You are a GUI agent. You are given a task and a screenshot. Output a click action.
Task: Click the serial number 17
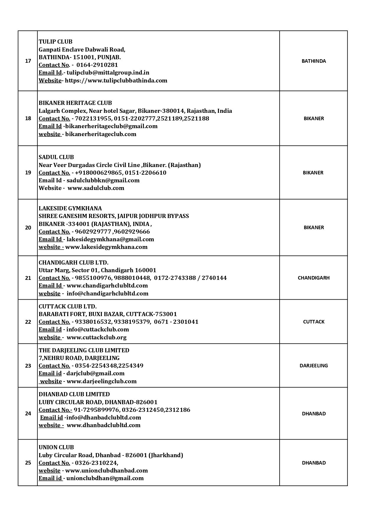click(28, 61)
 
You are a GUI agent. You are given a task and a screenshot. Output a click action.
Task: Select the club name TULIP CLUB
click(55, 42)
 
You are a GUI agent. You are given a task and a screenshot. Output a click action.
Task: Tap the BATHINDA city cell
click(314, 61)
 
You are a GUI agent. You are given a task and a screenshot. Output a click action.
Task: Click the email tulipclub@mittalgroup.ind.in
click(108, 72)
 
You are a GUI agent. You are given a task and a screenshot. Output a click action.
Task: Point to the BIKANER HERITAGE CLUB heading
click(75, 103)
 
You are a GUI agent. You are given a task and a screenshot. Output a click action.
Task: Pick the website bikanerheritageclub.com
click(101, 134)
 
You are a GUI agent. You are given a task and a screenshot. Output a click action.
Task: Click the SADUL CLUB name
click(56, 157)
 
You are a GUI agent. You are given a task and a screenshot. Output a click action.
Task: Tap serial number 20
click(28, 227)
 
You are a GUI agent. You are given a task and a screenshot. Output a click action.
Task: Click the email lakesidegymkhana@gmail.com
click(110, 239)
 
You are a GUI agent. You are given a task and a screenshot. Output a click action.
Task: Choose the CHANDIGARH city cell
click(314, 278)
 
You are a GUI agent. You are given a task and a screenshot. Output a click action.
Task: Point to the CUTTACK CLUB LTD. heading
click(68, 306)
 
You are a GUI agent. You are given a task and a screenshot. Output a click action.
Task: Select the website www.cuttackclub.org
click(96, 337)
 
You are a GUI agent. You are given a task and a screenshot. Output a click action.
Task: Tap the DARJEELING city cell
click(314, 366)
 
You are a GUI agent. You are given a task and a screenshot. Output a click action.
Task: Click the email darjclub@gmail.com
click(95, 373)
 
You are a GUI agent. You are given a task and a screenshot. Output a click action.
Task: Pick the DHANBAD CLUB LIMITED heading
click(74, 394)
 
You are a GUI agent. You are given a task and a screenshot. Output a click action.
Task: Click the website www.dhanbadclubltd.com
click(103, 425)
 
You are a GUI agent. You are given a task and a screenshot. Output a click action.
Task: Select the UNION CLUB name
click(56, 447)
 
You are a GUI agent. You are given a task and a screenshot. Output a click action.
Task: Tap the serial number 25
click(28, 463)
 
